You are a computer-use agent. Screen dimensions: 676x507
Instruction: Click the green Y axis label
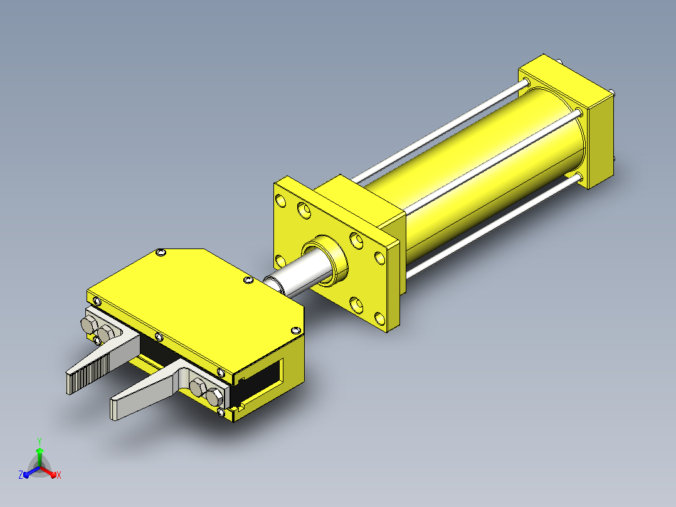(40, 441)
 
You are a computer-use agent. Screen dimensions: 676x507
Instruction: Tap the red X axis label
(59, 475)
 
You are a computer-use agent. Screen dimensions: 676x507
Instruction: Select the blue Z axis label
(21, 474)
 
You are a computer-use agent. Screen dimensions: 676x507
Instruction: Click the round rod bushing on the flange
(325, 260)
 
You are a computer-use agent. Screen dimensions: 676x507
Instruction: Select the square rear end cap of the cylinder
(567, 122)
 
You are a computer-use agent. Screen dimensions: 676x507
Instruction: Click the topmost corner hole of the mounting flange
(281, 200)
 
